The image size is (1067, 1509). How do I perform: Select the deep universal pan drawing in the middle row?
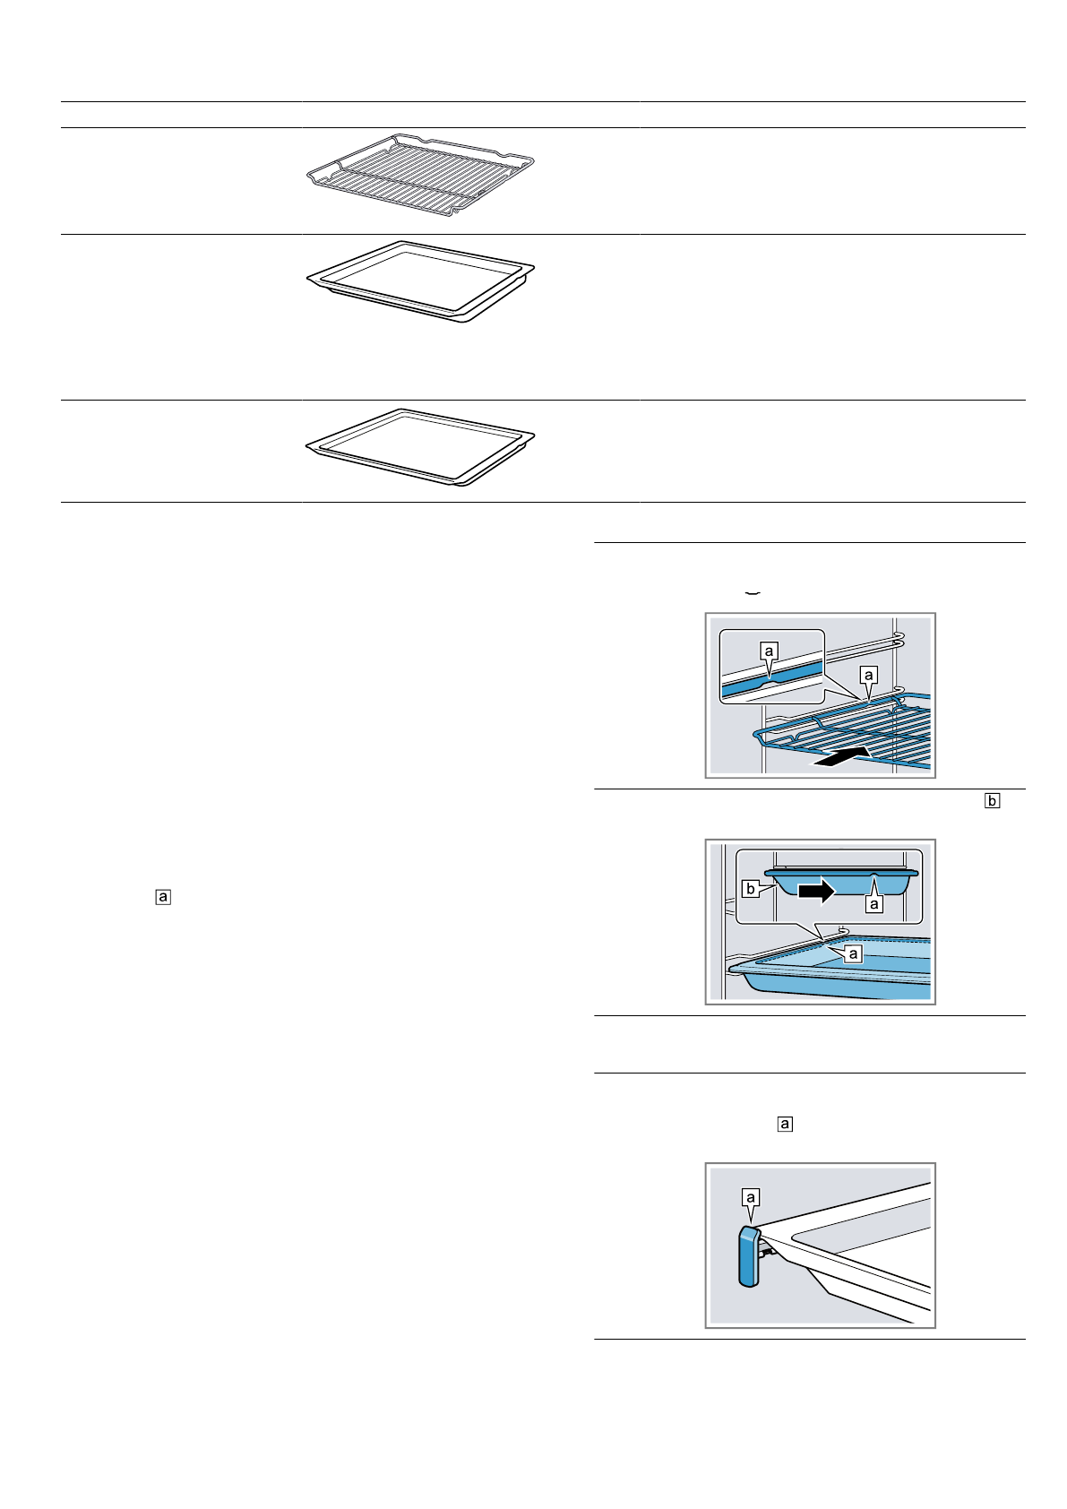point(421,280)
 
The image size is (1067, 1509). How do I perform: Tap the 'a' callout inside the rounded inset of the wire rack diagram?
point(768,651)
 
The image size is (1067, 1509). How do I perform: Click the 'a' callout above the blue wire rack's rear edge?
point(867,674)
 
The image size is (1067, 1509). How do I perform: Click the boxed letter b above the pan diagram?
point(992,801)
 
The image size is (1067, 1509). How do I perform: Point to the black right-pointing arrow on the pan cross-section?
point(816,891)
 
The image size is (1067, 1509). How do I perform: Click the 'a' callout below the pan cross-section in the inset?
point(874,904)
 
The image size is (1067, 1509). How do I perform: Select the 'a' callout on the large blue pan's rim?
point(853,953)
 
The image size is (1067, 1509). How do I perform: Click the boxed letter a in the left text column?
point(162,896)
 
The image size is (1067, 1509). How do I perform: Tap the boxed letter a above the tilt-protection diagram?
point(785,1123)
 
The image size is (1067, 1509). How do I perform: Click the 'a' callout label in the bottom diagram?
point(751,1197)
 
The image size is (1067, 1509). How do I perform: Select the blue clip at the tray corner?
point(749,1258)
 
